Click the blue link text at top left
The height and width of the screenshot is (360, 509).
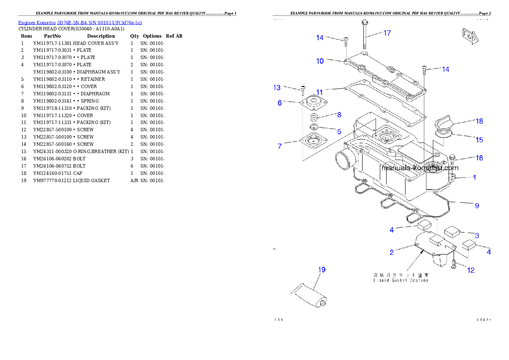pyautogui.click(x=80, y=22)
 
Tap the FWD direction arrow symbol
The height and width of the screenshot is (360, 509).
pyautogui.click(x=470, y=37)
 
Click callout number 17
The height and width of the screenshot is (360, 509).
pyautogui.click(x=387, y=33)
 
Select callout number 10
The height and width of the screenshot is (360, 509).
pyautogui.click(x=320, y=61)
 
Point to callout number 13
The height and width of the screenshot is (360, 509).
pyautogui.click(x=277, y=88)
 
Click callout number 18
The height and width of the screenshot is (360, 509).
pyautogui.click(x=479, y=121)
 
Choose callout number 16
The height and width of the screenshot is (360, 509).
pyautogui.click(x=479, y=158)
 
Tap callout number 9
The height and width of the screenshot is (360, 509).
pyautogui.click(x=476, y=206)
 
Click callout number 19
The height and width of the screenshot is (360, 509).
pyautogui.click(x=321, y=269)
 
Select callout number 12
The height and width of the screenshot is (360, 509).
pyautogui.click(x=471, y=270)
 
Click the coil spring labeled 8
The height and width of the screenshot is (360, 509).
pyautogui.click(x=314, y=117)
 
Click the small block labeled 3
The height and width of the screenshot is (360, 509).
pyautogui.click(x=452, y=232)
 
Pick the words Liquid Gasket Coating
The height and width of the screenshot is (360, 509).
pyautogui.click(x=400, y=280)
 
